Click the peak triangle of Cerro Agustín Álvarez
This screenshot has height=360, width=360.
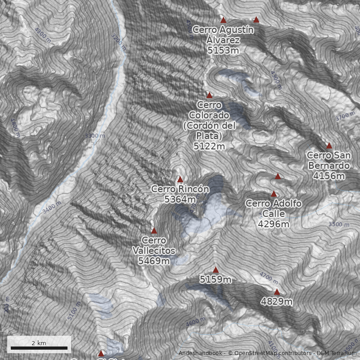pos(223,20)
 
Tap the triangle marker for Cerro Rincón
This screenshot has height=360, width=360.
pos(180,179)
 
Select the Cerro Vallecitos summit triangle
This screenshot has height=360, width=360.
pos(154,231)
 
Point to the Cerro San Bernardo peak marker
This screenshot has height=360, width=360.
pos(329,145)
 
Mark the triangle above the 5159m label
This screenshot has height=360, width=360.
pos(216,270)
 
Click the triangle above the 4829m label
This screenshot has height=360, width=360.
pos(277,292)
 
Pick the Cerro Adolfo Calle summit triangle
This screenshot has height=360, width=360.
pos(274,193)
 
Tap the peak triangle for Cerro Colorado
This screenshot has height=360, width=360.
pos(209,95)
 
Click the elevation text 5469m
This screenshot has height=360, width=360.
pos(154,261)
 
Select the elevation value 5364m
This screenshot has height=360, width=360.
pos(180,199)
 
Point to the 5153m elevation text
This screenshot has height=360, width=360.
pos(223,50)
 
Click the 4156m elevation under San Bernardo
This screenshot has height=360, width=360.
pos(329,176)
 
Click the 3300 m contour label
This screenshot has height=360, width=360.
pos(94,135)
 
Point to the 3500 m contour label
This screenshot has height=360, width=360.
pos(338,224)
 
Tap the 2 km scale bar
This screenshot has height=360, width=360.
pos(39,347)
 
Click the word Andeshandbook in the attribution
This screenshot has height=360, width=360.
pos(201,353)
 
